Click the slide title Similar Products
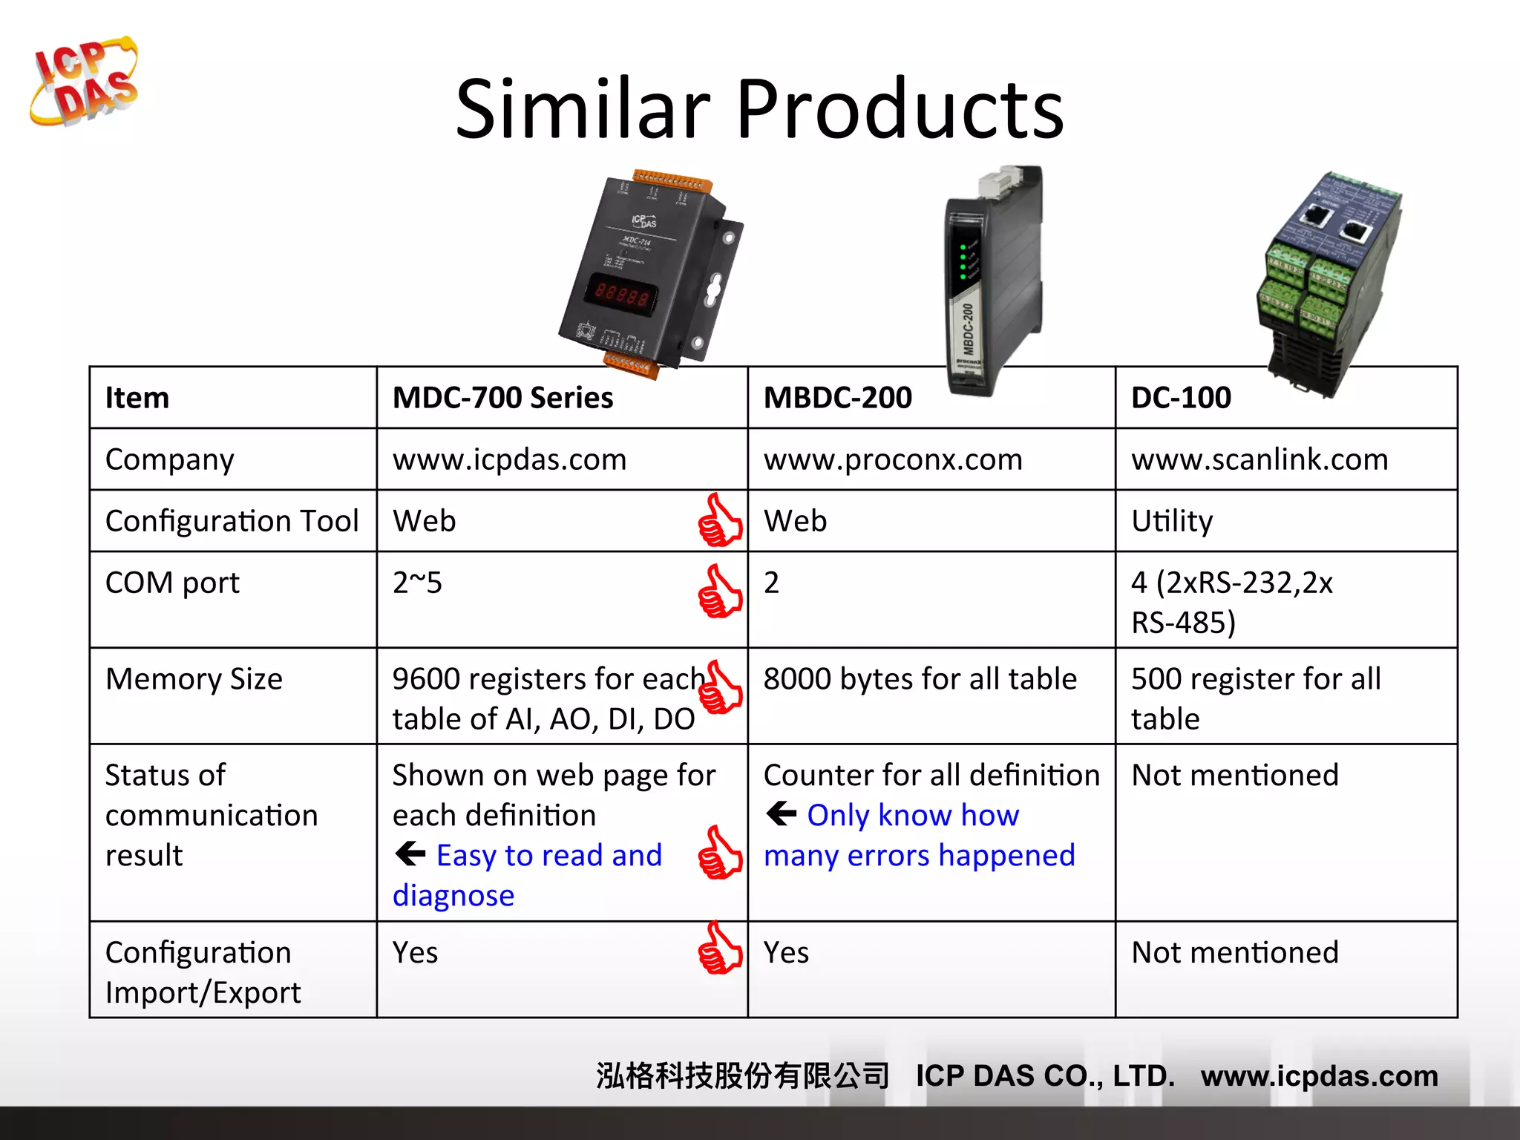click(x=759, y=109)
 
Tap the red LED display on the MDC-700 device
click(x=622, y=292)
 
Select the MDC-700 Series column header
click(x=502, y=398)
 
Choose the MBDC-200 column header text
click(x=837, y=398)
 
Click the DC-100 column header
click(x=1181, y=398)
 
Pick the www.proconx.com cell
click(x=893, y=459)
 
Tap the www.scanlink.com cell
click(x=1259, y=459)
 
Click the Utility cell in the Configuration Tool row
click(x=1172, y=521)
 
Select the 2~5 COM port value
click(x=417, y=583)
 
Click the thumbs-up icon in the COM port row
click(x=719, y=592)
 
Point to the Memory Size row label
click(x=194, y=679)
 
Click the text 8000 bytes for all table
click(x=920, y=679)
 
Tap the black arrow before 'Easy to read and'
click(x=410, y=854)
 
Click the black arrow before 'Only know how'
click(x=781, y=814)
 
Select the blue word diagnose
click(x=453, y=896)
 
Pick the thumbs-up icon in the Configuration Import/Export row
click(x=719, y=949)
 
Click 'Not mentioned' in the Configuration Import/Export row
click(x=1235, y=952)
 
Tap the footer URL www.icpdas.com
click(x=1319, y=1075)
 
